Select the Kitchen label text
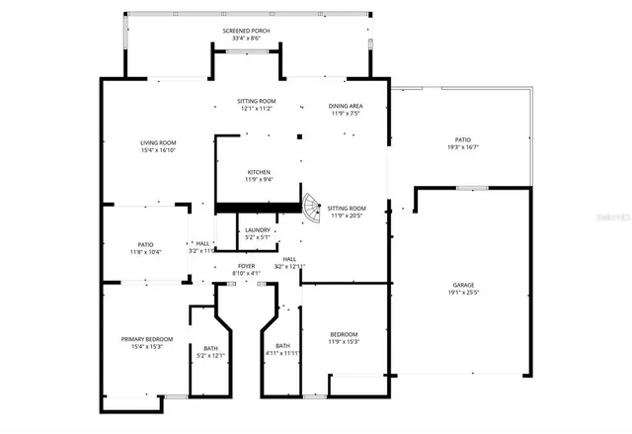click(x=259, y=172)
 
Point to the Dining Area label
click(x=346, y=105)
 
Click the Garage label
click(x=463, y=285)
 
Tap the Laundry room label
click(x=258, y=230)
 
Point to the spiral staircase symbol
click(x=311, y=208)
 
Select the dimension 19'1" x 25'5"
click(x=463, y=293)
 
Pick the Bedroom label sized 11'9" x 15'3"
click(x=344, y=334)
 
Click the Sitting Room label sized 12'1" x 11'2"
click(x=256, y=101)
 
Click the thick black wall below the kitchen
click(x=259, y=207)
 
